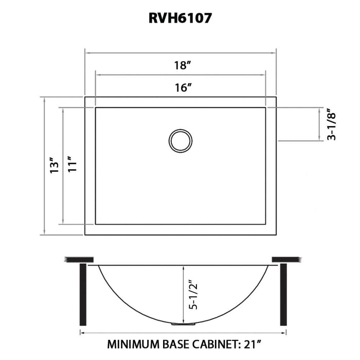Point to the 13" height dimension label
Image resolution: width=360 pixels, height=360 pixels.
[x=53, y=166]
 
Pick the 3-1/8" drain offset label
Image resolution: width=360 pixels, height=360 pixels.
[x=332, y=124]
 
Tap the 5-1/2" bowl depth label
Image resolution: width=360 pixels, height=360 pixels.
[x=194, y=294]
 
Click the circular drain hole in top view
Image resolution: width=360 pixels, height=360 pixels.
[x=181, y=140]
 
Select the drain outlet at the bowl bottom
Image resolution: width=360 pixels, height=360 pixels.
[x=181, y=324]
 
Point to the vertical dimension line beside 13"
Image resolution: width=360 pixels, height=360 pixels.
[x=44, y=166]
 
